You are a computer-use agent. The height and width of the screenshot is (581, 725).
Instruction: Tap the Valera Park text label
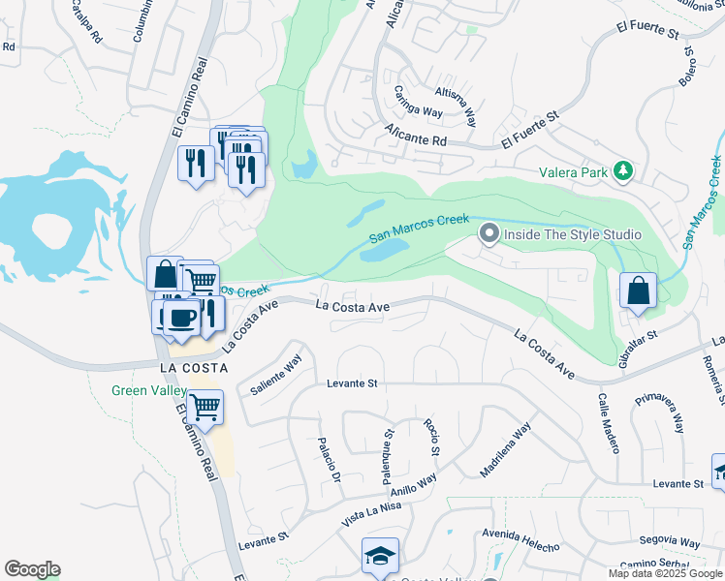tap(574, 172)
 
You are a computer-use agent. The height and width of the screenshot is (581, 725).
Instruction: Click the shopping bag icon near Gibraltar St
tap(638, 290)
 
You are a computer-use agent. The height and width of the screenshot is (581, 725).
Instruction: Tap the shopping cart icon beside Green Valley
tap(205, 408)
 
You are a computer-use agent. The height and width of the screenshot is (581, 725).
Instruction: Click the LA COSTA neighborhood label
tap(194, 368)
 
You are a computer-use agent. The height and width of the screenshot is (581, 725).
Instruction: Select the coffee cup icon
tap(182, 318)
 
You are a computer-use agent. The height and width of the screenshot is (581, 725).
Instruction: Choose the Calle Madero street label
tap(609, 423)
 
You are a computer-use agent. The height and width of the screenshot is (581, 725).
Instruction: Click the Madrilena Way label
tap(506, 449)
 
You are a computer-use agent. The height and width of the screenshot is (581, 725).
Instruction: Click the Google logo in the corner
tap(32, 569)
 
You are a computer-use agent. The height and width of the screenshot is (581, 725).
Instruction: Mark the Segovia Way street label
tap(670, 543)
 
